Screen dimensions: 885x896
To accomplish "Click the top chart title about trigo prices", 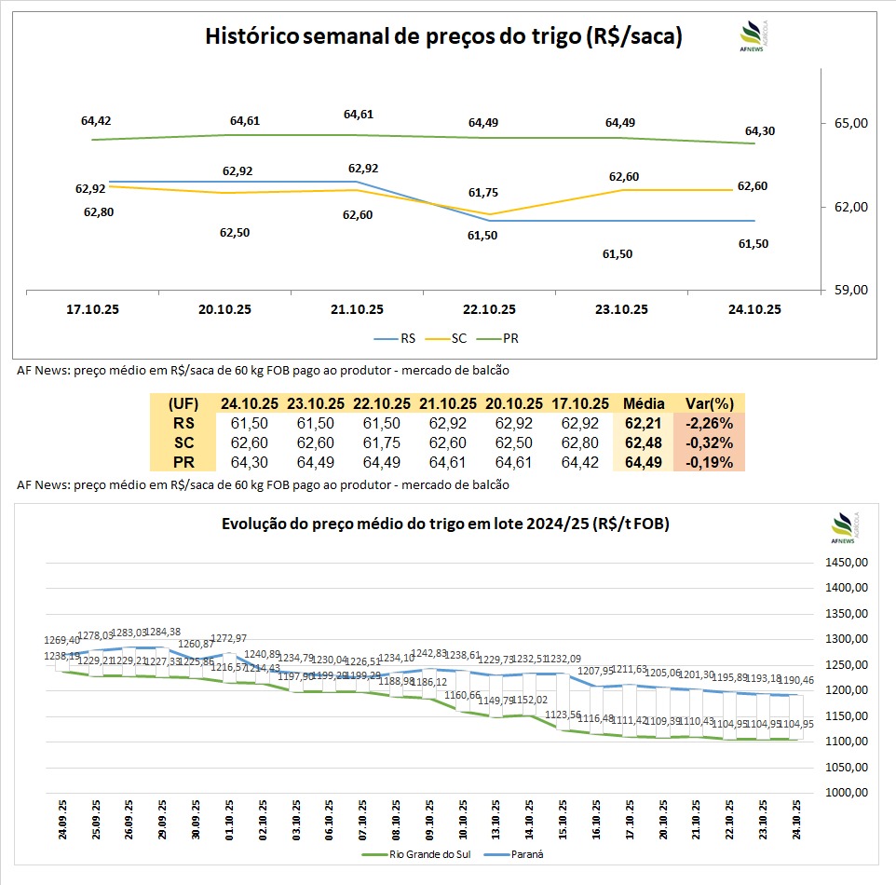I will [443, 37].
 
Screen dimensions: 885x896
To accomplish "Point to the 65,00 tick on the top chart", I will [848, 123].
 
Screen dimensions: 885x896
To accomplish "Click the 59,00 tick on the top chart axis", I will [848, 290].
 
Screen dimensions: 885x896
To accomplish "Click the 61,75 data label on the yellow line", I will [482, 193].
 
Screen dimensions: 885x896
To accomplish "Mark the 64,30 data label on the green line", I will [755, 131].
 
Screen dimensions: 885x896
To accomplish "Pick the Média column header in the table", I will [643, 403].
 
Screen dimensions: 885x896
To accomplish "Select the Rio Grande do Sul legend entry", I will [411, 853].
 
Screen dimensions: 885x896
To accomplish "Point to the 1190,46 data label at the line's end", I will [794, 682].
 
